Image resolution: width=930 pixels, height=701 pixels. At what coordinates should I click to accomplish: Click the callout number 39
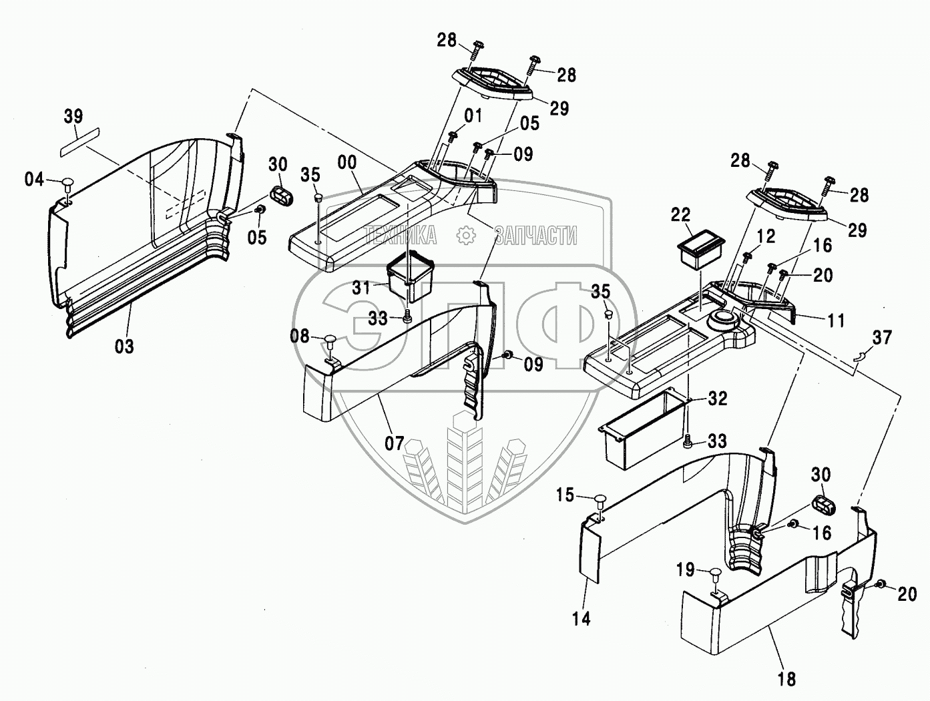73,116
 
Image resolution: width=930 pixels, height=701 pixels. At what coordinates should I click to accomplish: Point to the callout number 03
124,346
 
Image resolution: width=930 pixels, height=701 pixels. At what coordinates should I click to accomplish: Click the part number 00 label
347,162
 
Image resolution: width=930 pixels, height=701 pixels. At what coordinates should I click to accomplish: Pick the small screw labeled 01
453,136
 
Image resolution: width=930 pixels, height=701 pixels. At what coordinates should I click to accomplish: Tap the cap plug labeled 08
329,339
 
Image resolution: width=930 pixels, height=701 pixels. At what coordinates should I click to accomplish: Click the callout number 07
395,443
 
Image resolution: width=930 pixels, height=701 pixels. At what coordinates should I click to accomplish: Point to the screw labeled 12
747,256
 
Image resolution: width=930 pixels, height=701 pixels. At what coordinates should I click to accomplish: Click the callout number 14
582,619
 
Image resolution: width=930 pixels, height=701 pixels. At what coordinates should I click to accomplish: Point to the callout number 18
786,680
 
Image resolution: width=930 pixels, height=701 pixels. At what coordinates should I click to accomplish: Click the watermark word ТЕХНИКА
401,236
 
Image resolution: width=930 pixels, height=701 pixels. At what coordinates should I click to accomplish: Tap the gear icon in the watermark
466,236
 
